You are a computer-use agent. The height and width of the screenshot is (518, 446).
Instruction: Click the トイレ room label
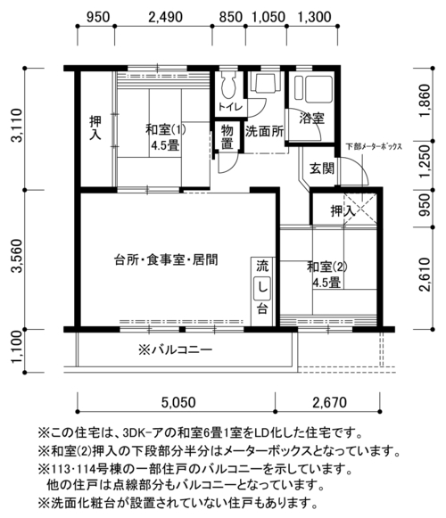click(x=230, y=107)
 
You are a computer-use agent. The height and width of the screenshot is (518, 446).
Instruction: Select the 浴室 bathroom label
click(x=312, y=119)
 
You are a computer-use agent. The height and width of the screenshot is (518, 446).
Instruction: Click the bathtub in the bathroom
click(x=313, y=88)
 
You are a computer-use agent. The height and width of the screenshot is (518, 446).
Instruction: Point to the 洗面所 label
click(x=264, y=131)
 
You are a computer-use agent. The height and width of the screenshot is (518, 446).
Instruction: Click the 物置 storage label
click(x=227, y=137)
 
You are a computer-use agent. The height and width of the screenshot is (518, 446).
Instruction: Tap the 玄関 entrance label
click(x=322, y=169)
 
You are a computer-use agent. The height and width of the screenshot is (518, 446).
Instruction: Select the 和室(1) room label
click(x=166, y=129)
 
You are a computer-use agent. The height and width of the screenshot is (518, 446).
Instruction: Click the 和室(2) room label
click(x=327, y=267)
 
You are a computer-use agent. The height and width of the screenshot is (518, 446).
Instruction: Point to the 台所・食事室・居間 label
click(x=166, y=260)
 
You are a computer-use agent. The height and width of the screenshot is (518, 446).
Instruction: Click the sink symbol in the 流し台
click(x=262, y=289)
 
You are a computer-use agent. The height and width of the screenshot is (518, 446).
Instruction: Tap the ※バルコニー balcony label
click(x=176, y=349)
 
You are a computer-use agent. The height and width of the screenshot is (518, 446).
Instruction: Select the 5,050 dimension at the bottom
click(x=178, y=402)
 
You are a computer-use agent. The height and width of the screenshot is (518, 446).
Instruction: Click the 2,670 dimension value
click(x=330, y=402)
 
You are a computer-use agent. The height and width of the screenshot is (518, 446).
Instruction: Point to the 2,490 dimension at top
click(x=165, y=17)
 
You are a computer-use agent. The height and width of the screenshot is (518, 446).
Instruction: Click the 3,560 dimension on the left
click(x=17, y=255)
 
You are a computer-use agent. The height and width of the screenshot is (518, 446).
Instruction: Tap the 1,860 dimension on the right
click(x=425, y=101)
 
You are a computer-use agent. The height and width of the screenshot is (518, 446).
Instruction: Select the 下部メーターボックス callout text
click(x=374, y=146)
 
